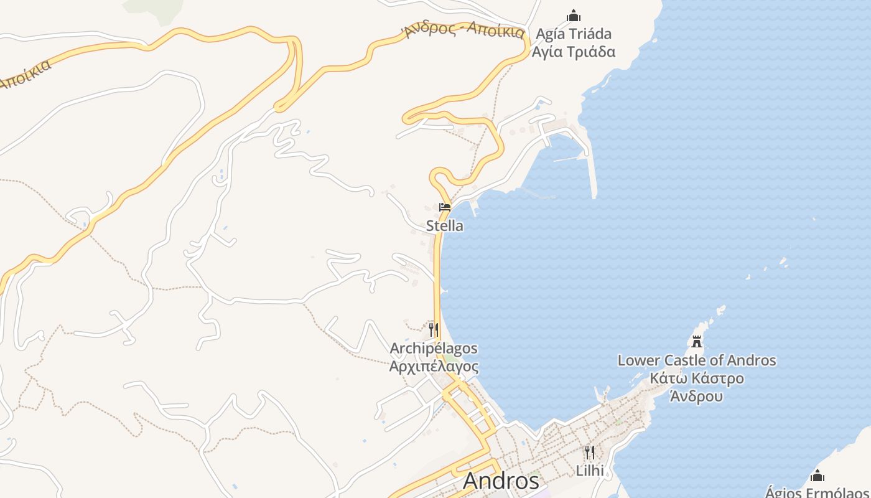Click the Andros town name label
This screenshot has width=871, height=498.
[501, 481]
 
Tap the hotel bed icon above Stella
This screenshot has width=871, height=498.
[444, 207]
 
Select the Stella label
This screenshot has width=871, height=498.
[444, 225]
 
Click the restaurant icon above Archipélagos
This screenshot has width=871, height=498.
[434, 329]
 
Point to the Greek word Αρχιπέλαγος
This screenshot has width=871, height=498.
[434, 366]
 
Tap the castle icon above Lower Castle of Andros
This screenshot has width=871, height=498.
[697, 341]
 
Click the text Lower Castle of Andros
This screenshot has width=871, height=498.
[697, 360]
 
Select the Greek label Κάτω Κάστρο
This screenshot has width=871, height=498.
[697, 378]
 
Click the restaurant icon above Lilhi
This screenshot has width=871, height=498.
[589, 452]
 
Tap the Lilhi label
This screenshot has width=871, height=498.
[589, 471]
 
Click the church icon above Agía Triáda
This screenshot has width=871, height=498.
[574, 16]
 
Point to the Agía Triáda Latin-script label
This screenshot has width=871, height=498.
[574, 34]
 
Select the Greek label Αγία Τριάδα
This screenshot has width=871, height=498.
[574, 52]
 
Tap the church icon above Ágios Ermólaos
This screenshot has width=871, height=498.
[817, 476]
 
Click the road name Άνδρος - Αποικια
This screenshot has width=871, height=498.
[464, 29]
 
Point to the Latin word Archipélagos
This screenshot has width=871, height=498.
[434, 348]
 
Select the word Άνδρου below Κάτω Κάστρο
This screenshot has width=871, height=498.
[697, 396]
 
